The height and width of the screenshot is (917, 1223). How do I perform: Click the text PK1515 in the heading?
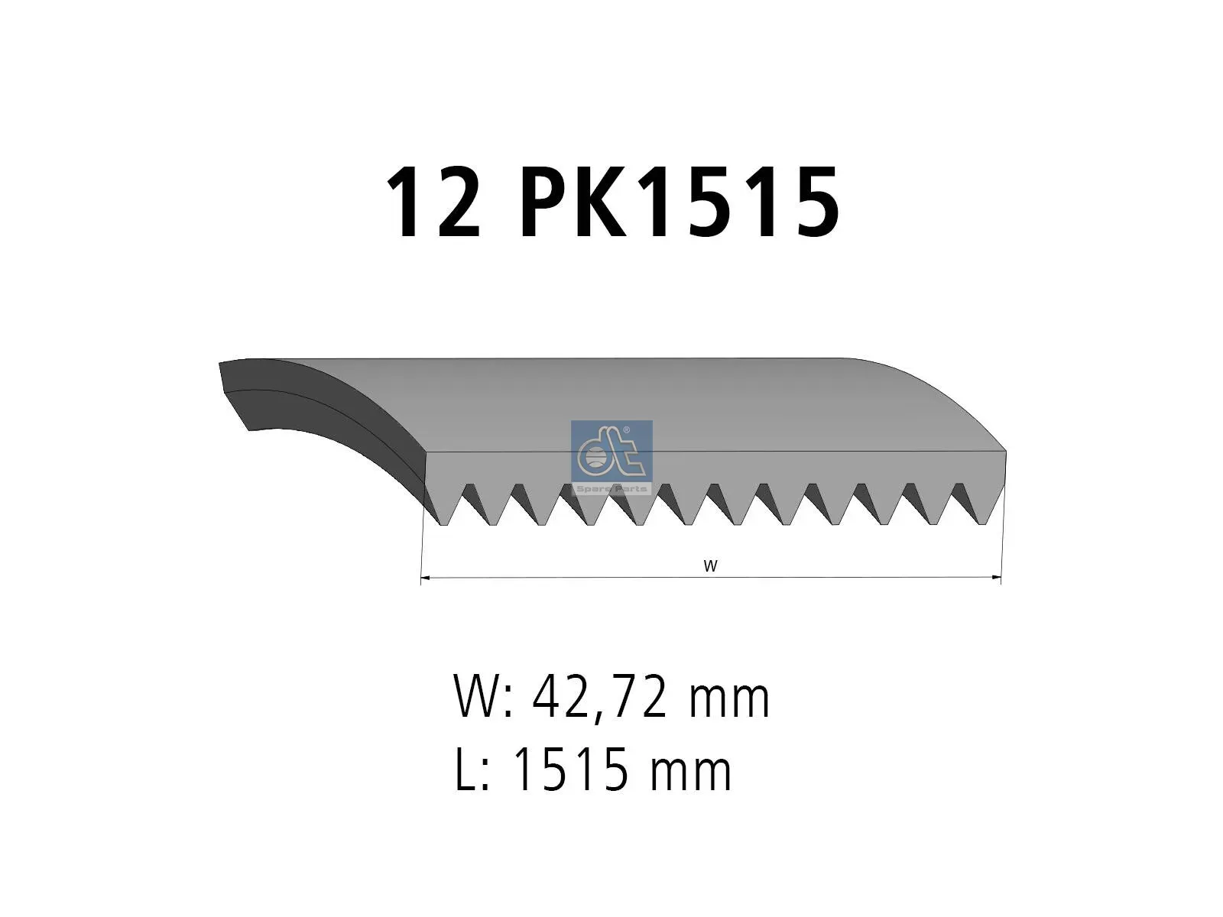pos(680,202)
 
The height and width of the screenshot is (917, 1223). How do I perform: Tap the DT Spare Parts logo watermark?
pos(611,458)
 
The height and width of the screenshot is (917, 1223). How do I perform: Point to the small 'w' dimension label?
pos(710,567)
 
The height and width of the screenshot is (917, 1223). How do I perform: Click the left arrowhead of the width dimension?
pos(424,578)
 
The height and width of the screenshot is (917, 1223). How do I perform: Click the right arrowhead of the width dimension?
pos(997,578)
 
